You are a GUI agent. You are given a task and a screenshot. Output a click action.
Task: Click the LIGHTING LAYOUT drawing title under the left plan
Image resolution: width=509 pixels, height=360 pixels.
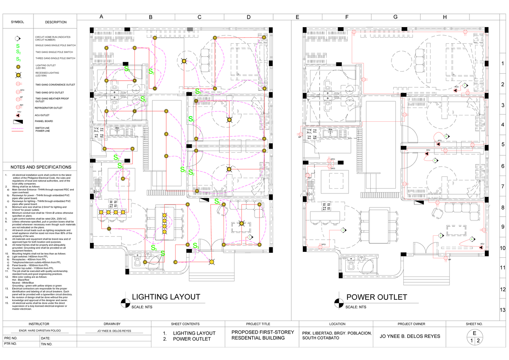(x=166, y=297)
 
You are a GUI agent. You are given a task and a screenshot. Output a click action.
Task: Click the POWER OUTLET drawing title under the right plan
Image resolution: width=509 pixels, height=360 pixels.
(x=377, y=297)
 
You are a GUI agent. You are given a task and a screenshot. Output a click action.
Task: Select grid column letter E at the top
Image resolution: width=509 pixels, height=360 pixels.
(x=297, y=17)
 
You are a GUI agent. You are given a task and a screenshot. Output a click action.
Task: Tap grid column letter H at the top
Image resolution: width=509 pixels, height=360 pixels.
(x=445, y=17)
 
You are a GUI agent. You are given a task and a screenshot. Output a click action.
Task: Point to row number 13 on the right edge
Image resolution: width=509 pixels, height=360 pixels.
(x=503, y=310)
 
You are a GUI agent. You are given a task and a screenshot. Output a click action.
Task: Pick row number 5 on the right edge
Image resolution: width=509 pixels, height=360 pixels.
(x=503, y=145)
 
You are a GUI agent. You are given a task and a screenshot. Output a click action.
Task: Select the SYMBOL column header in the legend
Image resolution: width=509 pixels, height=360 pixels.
(x=17, y=22)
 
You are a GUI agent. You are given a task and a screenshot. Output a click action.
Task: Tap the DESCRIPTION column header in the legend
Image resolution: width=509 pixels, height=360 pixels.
(x=56, y=22)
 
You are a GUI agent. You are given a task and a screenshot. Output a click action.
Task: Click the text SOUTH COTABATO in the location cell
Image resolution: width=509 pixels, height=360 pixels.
(x=320, y=338)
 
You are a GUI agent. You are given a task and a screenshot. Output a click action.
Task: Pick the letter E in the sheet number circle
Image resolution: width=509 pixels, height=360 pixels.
(x=474, y=333)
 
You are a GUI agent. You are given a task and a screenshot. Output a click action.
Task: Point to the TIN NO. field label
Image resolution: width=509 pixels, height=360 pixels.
(x=46, y=344)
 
